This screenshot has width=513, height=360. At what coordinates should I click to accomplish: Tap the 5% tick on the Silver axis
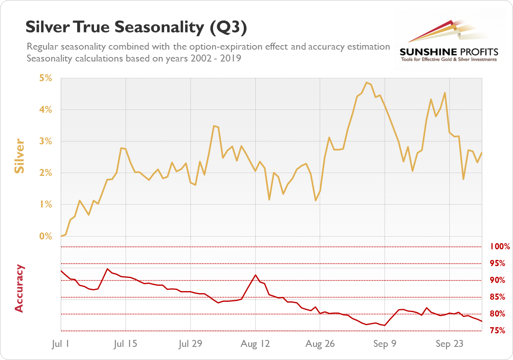46,78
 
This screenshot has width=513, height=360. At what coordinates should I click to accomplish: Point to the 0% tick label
46,236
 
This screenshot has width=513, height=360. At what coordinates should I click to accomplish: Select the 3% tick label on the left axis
46,141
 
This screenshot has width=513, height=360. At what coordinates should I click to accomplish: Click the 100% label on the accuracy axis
500,247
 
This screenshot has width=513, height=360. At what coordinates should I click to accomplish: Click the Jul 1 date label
61,344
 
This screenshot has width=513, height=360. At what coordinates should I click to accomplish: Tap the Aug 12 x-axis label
255,344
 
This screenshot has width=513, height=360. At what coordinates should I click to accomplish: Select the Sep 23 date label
449,344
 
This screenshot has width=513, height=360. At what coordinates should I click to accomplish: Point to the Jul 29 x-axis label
191,344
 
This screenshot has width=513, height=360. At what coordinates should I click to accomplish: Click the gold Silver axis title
19,157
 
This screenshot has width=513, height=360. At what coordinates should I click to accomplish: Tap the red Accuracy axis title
19,288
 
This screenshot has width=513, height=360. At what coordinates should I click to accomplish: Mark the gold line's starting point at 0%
61,236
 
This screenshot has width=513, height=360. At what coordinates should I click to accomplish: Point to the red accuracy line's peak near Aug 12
255,275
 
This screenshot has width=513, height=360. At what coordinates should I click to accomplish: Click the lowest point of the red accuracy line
385,326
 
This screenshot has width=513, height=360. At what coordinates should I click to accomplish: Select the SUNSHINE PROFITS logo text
449,52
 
